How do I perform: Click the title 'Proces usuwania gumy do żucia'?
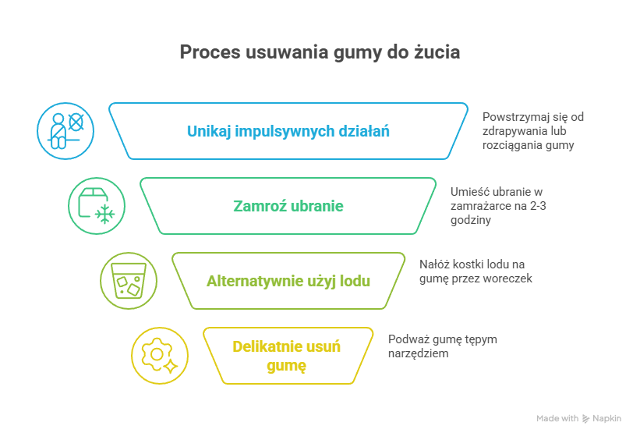pyautogui.click(x=320, y=52)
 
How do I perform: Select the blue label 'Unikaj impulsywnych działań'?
pyautogui.click(x=288, y=130)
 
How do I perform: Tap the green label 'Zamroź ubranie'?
pyautogui.click(x=288, y=206)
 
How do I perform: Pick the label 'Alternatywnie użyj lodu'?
pyautogui.click(x=288, y=281)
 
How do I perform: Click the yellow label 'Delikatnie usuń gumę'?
pyautogui.click(x=288, y=356)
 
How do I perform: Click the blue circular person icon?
pyautogui.click(x=65, y=130)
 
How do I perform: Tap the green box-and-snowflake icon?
pyautogui.click(x=97, y=206)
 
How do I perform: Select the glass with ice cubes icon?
pyautogui.click(x=128, y=281)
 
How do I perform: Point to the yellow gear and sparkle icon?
pyautogui.click(x=159, y=356)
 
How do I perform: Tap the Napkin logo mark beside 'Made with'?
pyautogui.click(x=585, y=419)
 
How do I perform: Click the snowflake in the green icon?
pyautogui.click(x=104, y=214)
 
